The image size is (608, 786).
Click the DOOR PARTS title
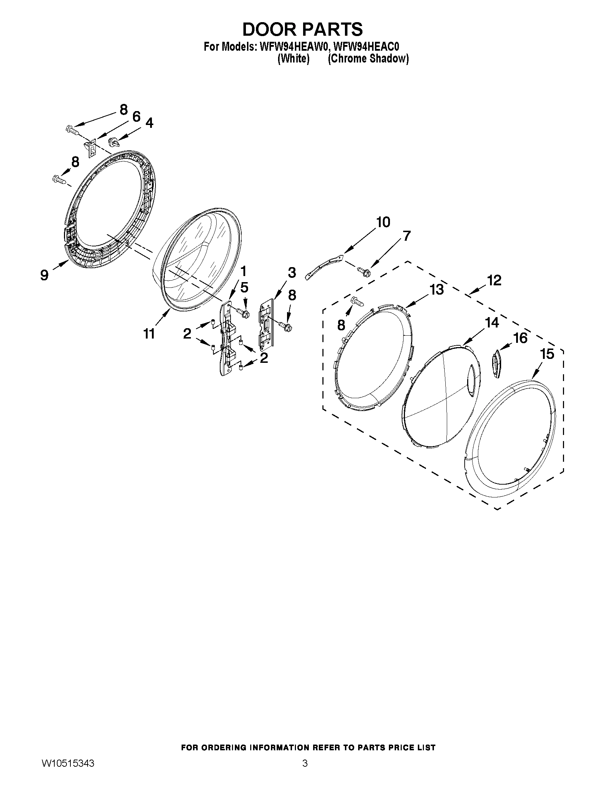point(302,30)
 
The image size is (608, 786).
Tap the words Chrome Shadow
point(368,59)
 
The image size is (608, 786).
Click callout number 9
point(44,275)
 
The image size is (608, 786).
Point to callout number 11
point(149,334)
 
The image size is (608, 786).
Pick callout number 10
point(383,222)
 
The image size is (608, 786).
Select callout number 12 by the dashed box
point(494,280)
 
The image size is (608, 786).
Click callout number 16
point(520,337)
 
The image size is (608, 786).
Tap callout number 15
point(547,354)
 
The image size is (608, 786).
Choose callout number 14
point(492,322)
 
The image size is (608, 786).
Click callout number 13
point(437,289)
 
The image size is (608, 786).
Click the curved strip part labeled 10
point(323,266)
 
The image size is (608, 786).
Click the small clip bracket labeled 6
point(92,147)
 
